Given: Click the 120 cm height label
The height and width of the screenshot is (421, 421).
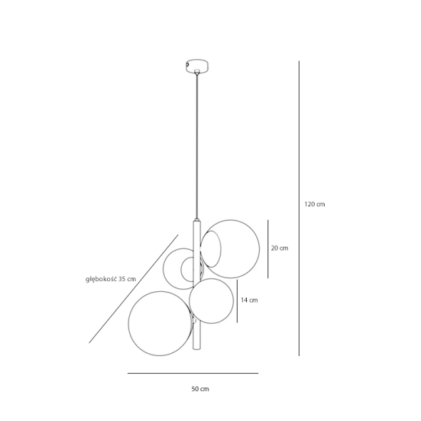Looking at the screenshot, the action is (x=315, y=204).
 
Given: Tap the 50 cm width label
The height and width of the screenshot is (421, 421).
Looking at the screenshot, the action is (x=200, y=389).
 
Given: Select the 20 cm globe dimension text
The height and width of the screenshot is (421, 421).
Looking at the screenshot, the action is (x=280, y=248).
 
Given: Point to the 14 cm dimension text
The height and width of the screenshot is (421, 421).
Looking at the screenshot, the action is (x=249, y=300).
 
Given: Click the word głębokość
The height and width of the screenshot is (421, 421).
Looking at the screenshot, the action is (x=101, y=279).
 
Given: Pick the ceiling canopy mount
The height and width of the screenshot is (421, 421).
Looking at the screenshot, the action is (x=198, y=66).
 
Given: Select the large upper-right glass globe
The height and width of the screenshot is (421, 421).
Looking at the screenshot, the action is (x=259, y=249).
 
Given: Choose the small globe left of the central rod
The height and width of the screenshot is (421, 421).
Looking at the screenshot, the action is (x=163, y=269).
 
